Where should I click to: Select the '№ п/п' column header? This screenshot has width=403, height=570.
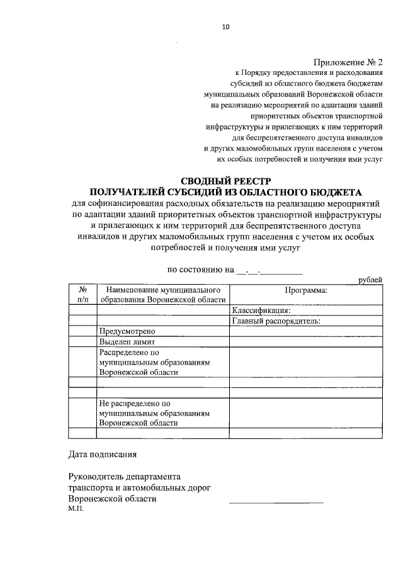(x=82, y=295)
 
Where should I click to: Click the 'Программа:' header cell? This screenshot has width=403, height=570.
(x=305, y=290)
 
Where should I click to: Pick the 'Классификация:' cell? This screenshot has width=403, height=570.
(x=261, y=310)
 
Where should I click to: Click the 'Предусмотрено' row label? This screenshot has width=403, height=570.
(x=127, y=331)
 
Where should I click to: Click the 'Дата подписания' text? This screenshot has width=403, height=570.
(x=101, y=453)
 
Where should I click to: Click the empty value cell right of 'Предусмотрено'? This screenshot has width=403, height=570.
(x=305, y=331)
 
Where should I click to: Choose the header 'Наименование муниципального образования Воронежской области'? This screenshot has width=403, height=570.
(x=162, y=295)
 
